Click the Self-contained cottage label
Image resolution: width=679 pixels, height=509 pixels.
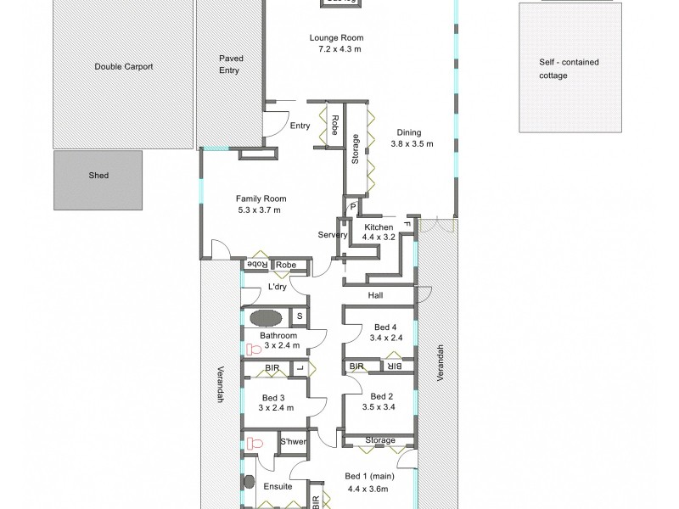click(x=564, y=69)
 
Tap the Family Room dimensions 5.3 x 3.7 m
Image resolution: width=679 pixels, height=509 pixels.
click(x=258, y=210)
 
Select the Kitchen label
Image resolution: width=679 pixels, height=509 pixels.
click(x=378, y=227)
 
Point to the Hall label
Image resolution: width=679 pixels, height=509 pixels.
click(x=376, y=296)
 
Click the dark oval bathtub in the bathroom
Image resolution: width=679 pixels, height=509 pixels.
click(x=265, y=318)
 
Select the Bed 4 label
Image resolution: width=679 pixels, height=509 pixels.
click(x=384, y=327)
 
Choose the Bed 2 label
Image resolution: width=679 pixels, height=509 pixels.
click(x=384, y=396)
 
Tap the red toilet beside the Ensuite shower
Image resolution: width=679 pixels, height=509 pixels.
click(x=252, y=442)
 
